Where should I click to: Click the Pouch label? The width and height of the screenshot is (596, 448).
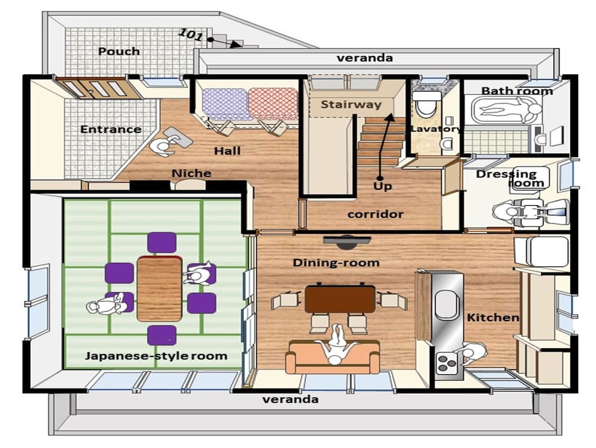(x=119, y=52)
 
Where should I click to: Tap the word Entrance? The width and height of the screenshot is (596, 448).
(x=111, y=129)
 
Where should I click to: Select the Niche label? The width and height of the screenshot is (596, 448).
(x=191, y=173)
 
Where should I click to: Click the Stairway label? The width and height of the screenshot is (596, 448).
(x=351, y=104)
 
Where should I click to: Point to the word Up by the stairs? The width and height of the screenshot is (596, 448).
(x=383, y=186)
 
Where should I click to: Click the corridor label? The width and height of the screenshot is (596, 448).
(x=375, y=214)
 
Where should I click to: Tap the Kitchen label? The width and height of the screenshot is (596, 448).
(x=493, y=318)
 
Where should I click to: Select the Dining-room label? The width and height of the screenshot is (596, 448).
(x=336, y=262)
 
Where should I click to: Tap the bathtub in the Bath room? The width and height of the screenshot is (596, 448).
(x=506, y=109)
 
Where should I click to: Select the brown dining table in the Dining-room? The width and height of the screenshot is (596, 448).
(x=340, y=299)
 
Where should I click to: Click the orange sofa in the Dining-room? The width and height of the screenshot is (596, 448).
(x=333, y=357)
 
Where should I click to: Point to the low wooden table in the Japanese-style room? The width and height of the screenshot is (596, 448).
(x=160, y=289)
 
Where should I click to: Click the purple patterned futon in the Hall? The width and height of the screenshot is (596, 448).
(x=225, y=104)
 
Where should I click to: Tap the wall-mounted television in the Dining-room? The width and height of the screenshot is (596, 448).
(x=347, y=242)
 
